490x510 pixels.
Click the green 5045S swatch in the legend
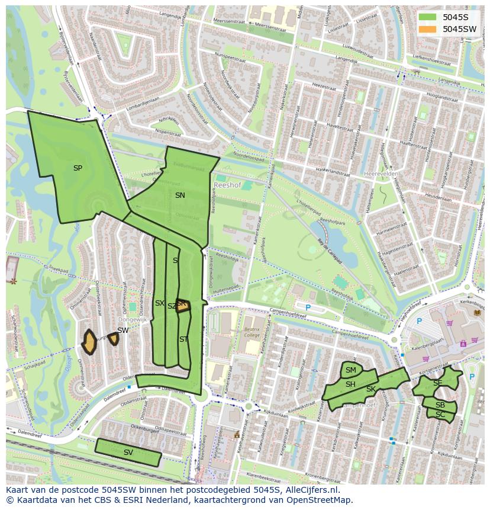[x=427, y=17]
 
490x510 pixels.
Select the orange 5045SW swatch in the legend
[x=427, y=29]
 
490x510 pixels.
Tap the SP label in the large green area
[x=78, y=168]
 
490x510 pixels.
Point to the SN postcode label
[x=180, y=195]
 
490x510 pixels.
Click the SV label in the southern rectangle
[x=128, y=453]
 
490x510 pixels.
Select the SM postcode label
[x=351, y=371]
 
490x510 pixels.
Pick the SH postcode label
[x=350, y=384]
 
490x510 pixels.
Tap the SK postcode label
[x=371, y=389]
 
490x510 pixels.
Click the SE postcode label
[x=437, y=383]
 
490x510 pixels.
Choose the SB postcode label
[x=440, y=405]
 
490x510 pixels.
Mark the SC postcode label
[x=440, y=415]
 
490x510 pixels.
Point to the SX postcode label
[x=160, y=303]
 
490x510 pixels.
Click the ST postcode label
[x=183, y=339]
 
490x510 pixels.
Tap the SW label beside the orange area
[x=122, y=331]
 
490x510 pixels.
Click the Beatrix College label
[x=252, y=332]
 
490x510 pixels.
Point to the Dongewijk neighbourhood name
[x=136, y=319]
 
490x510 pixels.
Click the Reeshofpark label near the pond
[x=332, y=223]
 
